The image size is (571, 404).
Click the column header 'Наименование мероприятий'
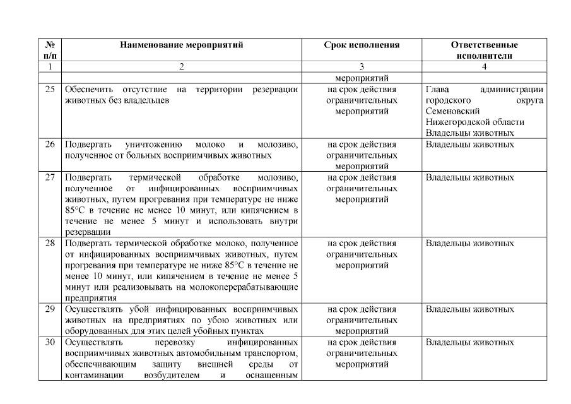coord(181,45)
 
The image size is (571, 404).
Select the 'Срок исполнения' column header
coord(362,45)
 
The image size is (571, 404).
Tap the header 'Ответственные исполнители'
coord(484,50)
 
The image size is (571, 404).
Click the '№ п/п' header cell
coord(49,50)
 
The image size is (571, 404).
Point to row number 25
coord(50,90)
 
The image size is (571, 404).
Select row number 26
coord(50,144)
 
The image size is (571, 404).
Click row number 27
coord(50,177)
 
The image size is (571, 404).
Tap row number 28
coord(50,243)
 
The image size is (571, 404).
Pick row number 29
coord(50,309)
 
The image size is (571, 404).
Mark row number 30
coord(50,342)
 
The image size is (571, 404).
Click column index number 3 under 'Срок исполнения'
coord(362,66)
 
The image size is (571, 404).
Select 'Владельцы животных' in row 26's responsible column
coord(469,144)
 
